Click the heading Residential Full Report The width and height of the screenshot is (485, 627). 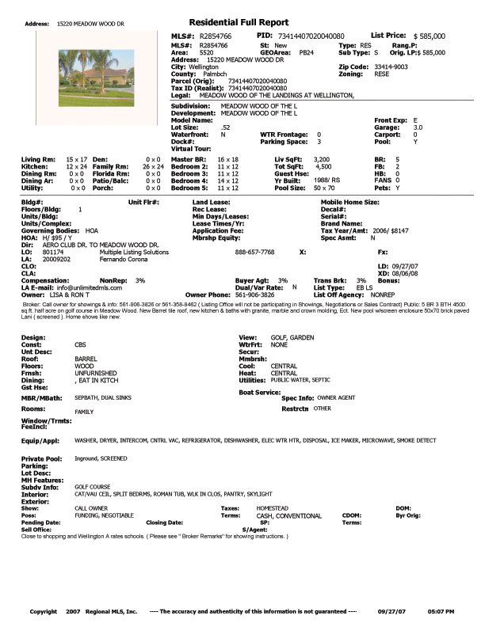tap(239, 22)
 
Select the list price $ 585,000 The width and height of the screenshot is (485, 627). tap(429, 36)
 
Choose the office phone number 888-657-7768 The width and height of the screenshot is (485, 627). tap(255, 251)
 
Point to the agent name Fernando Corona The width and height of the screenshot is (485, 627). tap(124, 258)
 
